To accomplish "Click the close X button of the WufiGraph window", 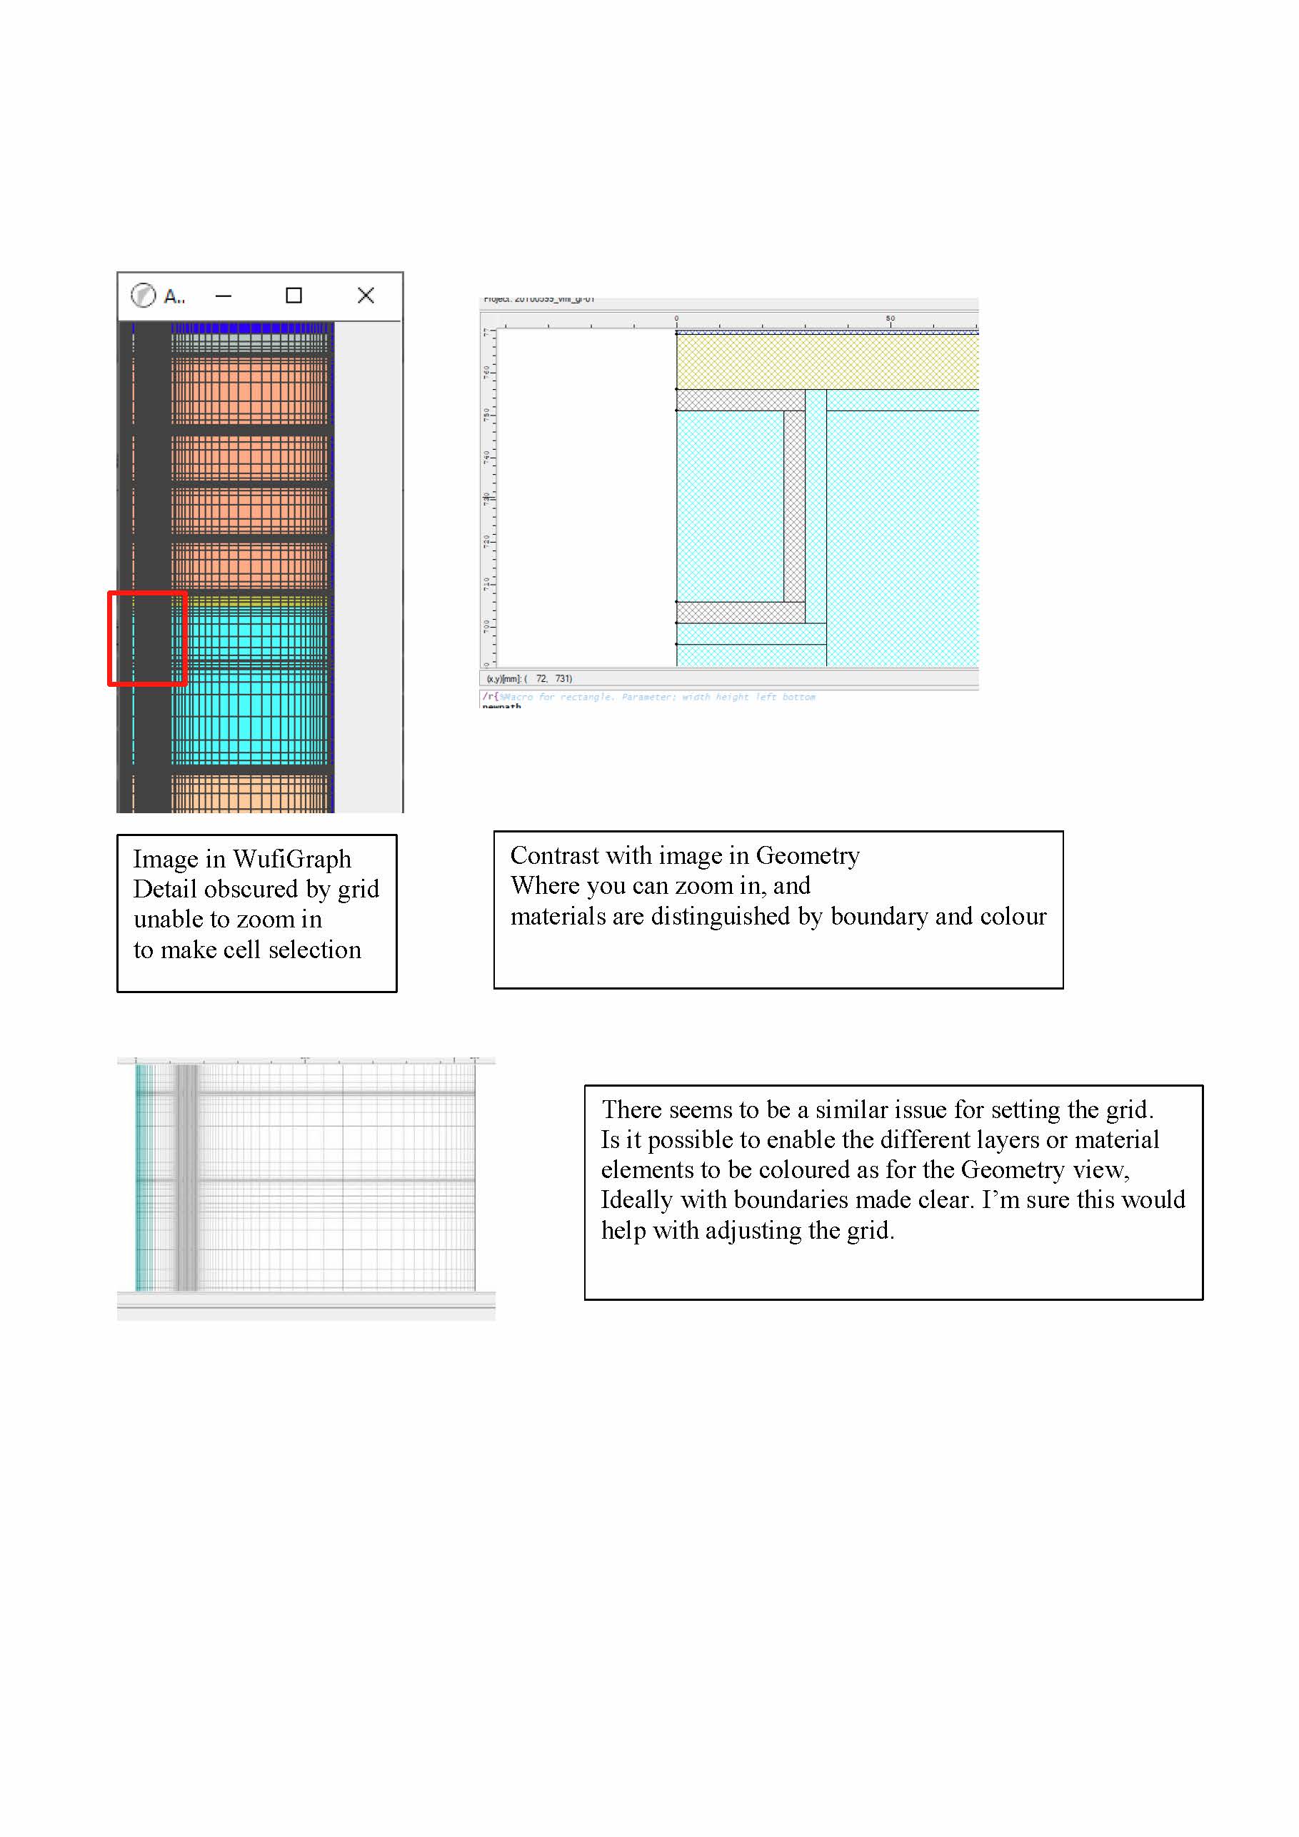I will click(x=366, y=296).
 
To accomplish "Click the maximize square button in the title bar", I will click(x=294, y=296).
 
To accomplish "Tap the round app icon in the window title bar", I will click(x=144, y=296).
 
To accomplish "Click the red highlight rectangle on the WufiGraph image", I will click(x=147, y=638).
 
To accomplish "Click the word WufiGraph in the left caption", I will click(x=291, y=858).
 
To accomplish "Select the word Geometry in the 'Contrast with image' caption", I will click(x=808, y=855).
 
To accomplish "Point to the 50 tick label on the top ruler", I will click(x=890, y=318).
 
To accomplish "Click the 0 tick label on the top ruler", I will click(x=676, y=318).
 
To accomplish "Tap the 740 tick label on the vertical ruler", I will click(x=486, y=457).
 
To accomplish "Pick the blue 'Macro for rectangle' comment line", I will click(x=656, y=697).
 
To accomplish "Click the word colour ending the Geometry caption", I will click(x=1013, y=916).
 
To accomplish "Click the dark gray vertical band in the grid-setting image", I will click(x=186, y=1176).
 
